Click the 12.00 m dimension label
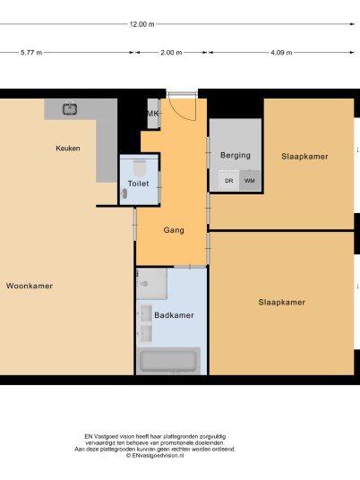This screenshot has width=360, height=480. pyautogui.click(x=141, y=24)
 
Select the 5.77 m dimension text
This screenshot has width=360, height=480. pyautogui.click(x=31, y=53)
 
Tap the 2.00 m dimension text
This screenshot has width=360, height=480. pyautogui.click(x=171, y=53)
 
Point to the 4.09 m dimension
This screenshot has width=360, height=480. pyautogui.click(x=281, y=53)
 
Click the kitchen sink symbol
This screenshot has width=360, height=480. pyautogui.click(x=70, y=108)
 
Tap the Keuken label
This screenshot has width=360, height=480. pyautogui.click(x=68, y=148)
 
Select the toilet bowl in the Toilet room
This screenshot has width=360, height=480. pyautogui.click(x=140, y=168)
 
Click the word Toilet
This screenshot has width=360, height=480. pyautogui.click(x=139, y=184)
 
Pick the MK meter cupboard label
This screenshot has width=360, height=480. pyautogui.click(x=153, y=114)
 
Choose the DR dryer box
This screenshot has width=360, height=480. pyautogui.click(x=229, y=181)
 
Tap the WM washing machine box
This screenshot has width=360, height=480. pyautogui.click(x=250, y=181)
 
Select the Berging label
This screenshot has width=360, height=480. pyautogui.click(x=236, y=156)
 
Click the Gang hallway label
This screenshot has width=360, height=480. pyautogui.click(x=174, y=230)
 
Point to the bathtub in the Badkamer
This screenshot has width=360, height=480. pyautogui.click(x=168, y=361)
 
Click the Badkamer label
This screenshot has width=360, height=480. pyautogui.click(x=174, y=315)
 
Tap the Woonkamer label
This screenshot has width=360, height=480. pyautogui.click(x=30, y=286)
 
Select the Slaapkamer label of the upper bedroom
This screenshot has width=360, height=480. pyautogui.click(x=304, y=157)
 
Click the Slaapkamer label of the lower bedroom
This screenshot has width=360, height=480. pyautogui.click(x=281, y=303)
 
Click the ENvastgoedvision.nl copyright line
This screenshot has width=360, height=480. pyautogui.click(x=155, y=456)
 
